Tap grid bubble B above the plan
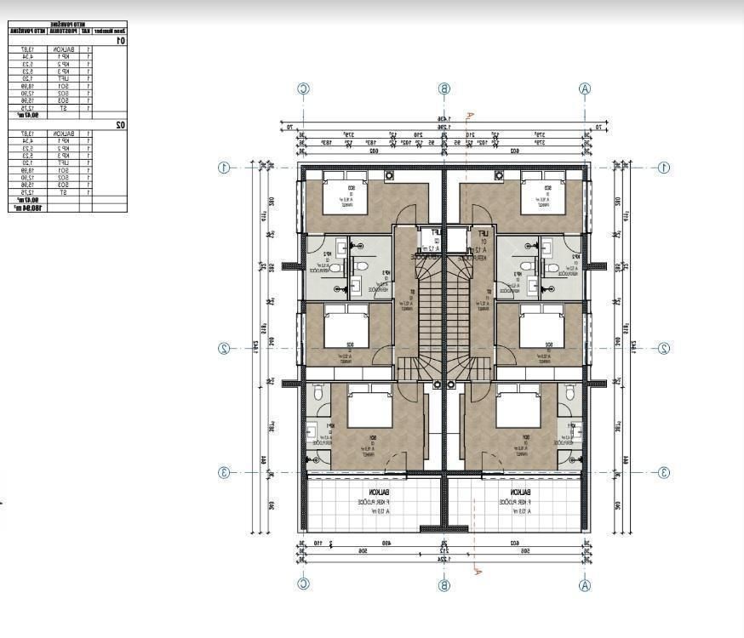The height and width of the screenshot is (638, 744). pyautogui.click(x=444, y=88)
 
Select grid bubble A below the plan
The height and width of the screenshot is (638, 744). pyautogui.click(x=584, y=584)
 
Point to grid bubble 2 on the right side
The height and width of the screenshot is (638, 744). pyautogui.click(x=663, y=348)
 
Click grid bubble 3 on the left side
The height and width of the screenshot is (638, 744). pyautogui.click(x=224, y=473)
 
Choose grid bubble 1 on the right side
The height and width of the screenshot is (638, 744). pyautogui.click(x=663, y=168)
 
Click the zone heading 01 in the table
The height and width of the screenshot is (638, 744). pyautogui.click(x=121, y=40)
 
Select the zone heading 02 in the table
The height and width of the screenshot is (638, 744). pyautogui.click(x=121, y=125)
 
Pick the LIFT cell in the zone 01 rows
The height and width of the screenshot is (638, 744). pyautogui.click(x=64, y=78)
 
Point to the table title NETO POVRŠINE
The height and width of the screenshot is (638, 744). pyautogui.click(x=66, y=25)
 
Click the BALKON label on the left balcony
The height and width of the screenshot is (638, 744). pyautogui.click(x=380, y=493)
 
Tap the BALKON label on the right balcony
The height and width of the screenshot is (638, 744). pyautogui.click(x=520, y=493)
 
